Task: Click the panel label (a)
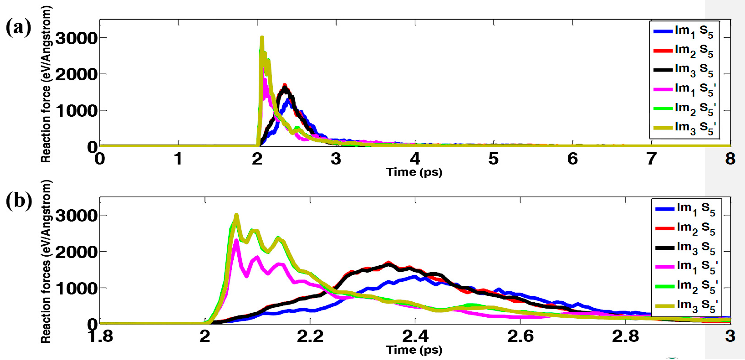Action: (x=19, y=28)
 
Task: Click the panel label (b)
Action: (x=19, y=200)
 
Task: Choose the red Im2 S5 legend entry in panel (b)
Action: (x=685, y=228)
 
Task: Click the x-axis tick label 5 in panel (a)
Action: (x=493, y=159)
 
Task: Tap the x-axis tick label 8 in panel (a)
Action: (x=730, y=159)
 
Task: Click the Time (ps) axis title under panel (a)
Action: (x=414, y=172)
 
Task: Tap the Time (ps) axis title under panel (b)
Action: (x=414, y=350)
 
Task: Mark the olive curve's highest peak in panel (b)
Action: (x=236, y=215)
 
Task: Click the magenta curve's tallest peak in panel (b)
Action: (x=236, y=240)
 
